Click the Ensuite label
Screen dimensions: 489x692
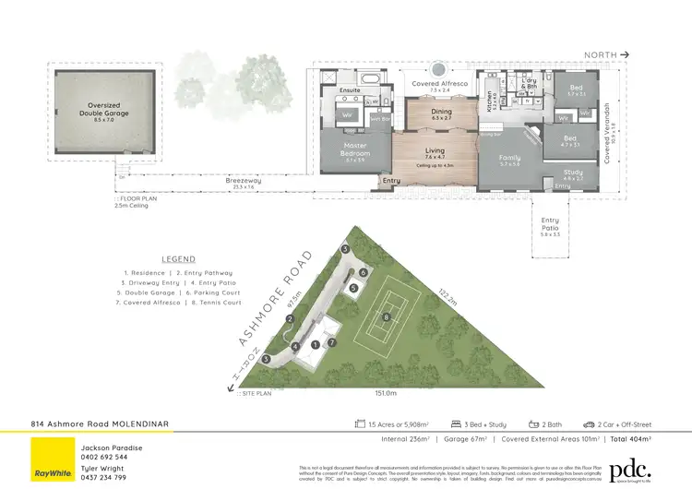pyautogui.click(x=350, y=89)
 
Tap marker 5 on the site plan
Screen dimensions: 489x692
pyautogui.click(x=352, y=288)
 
